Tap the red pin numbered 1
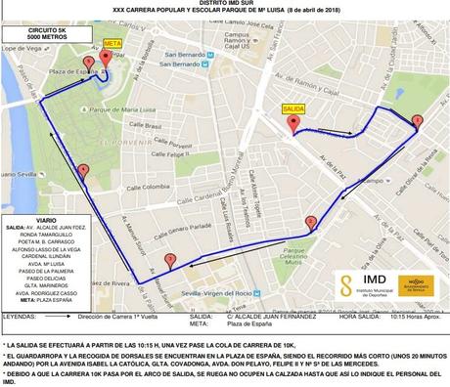tap(418, 122)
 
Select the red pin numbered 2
tap(311, 222)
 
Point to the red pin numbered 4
tap(83, 170)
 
